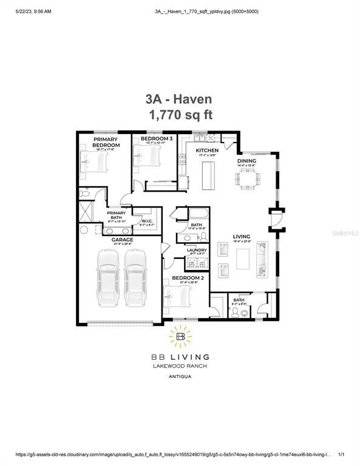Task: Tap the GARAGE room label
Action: coord(121,240)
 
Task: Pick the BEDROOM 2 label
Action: coord(183,277)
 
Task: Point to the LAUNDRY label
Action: coord(197,250)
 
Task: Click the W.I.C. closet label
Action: coord(148,220)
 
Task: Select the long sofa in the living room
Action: coord(263,258)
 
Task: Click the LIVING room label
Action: coord(242,237)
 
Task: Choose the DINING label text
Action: coord(246,160)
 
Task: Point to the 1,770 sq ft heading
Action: coord(180,115)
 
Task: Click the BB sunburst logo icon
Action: coord(180,336)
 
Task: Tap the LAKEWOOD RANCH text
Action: coord(180,366)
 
